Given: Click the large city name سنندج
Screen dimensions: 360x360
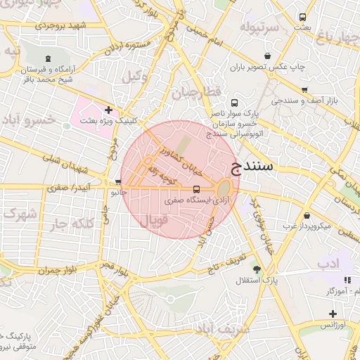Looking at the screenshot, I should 255,167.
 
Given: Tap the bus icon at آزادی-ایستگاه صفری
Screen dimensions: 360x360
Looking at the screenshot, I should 196,189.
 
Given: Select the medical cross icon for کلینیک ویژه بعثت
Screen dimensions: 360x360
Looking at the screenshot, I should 108,110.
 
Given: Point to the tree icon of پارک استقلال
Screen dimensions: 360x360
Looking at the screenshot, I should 257,269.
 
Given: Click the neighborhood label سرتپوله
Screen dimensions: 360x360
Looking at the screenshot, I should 259,27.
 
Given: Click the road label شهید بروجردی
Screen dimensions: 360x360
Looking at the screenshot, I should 59,26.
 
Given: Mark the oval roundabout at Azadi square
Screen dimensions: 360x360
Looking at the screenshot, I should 224,188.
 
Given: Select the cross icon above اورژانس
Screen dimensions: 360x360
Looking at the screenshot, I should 333,314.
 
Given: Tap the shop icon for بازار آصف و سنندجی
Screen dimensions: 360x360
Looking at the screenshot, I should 304,90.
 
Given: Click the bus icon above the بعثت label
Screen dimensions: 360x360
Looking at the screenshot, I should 302,17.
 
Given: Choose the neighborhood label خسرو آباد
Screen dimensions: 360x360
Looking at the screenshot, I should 29,120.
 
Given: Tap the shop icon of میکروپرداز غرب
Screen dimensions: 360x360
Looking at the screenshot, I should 307,215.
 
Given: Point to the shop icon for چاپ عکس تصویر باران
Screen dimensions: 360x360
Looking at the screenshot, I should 268,56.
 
